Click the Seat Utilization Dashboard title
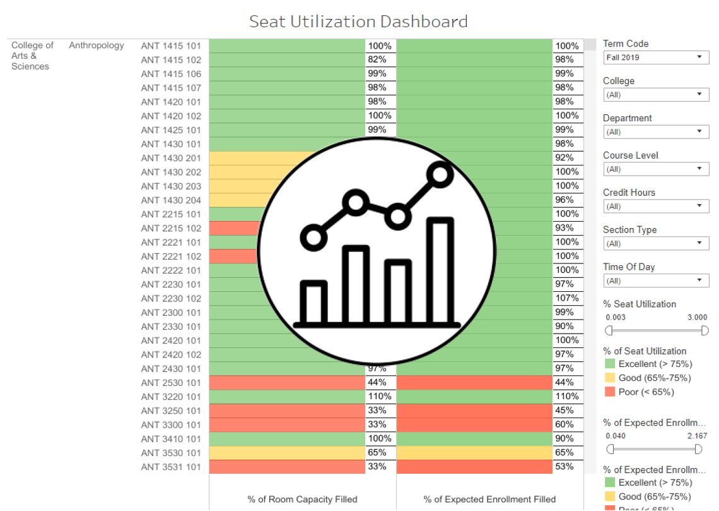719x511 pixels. pos(358,21)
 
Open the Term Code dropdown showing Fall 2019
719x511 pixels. pos(655,57)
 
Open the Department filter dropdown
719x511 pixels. pos(655,132)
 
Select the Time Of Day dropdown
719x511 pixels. pos(655,281)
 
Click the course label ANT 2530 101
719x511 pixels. pos(171,383)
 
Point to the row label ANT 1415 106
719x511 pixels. pos(171,74)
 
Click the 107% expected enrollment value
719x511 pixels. pos(567,298)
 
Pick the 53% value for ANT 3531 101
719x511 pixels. pos(564,467)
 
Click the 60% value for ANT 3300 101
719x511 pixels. pos(564,424)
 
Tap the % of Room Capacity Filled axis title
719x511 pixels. pos(302,499)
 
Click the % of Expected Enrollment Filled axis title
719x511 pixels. pos(489,499)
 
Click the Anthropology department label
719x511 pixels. pos(96,45)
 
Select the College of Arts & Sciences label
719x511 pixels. pos(32,56)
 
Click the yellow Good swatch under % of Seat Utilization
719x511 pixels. pos(610,378)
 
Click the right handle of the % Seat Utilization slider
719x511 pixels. pos(704,330)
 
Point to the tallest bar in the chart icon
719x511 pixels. pos(441,272)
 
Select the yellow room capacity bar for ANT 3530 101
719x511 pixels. pos(287,453)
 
